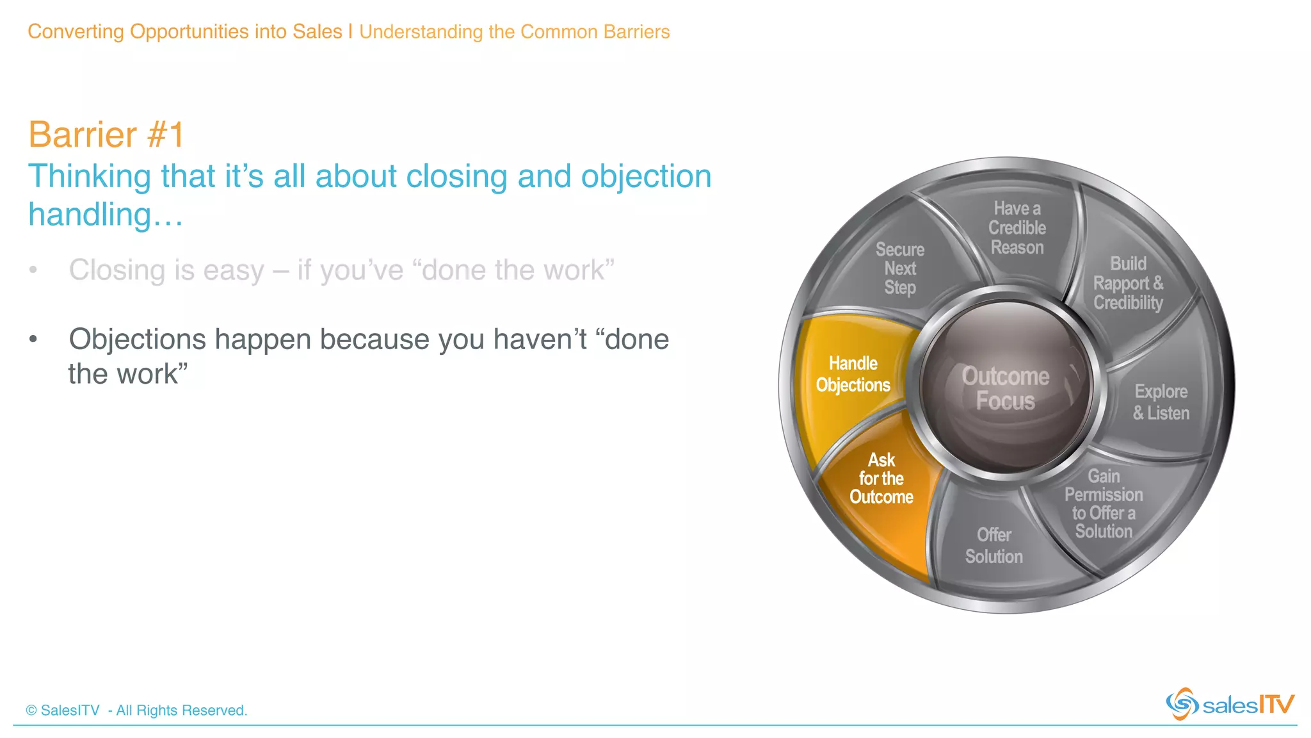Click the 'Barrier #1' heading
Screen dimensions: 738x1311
point(106,135)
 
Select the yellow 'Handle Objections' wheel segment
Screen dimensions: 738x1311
point(853,374)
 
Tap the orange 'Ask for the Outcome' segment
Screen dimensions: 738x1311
point(881,479)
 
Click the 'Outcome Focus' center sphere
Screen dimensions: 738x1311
point(1006,388)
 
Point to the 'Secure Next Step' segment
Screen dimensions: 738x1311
point(899,268)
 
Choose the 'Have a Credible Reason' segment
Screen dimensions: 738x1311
point(1017,228)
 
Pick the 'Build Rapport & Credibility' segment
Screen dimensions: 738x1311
point(1127,283)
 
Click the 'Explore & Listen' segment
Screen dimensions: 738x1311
point(1161,402)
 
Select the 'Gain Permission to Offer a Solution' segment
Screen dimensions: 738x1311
point(1104,504)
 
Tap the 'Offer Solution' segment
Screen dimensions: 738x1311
point(993,546)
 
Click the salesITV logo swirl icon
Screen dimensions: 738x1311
point(1182,704)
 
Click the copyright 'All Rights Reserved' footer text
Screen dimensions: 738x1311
point(136,710)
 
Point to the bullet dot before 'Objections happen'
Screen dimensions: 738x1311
point(33,340)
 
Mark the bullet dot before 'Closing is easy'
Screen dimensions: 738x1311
point(33,270)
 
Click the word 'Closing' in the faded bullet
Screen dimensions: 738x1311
point(117,270)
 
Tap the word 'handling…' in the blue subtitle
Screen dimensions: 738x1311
point(106,215)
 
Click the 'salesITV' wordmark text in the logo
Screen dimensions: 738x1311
point(1248,705)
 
